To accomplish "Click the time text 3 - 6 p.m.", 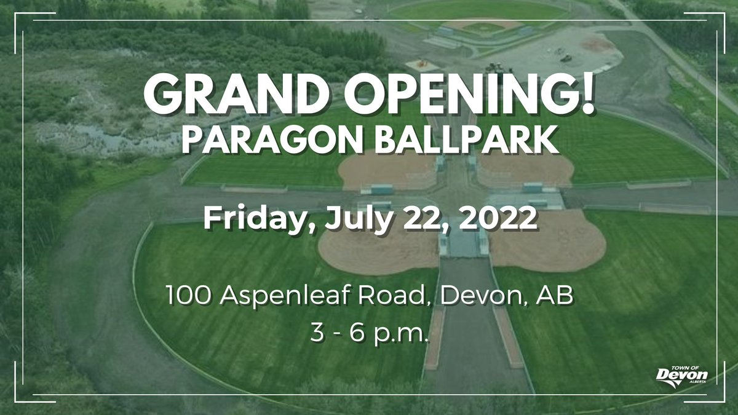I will [369, 335].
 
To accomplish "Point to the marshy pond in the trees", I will [92, 138].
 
